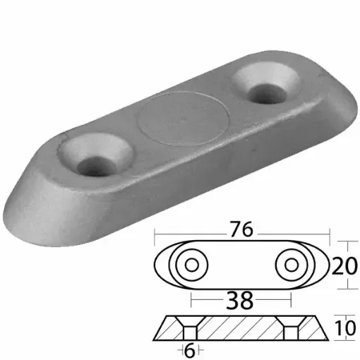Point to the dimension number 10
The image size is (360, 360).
pyautogui.click(x=344, y=328)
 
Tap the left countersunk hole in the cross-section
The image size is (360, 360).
pyautogui.click(x=188, y=328)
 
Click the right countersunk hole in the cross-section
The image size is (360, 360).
pyautogui.click(x=289, y=328)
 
